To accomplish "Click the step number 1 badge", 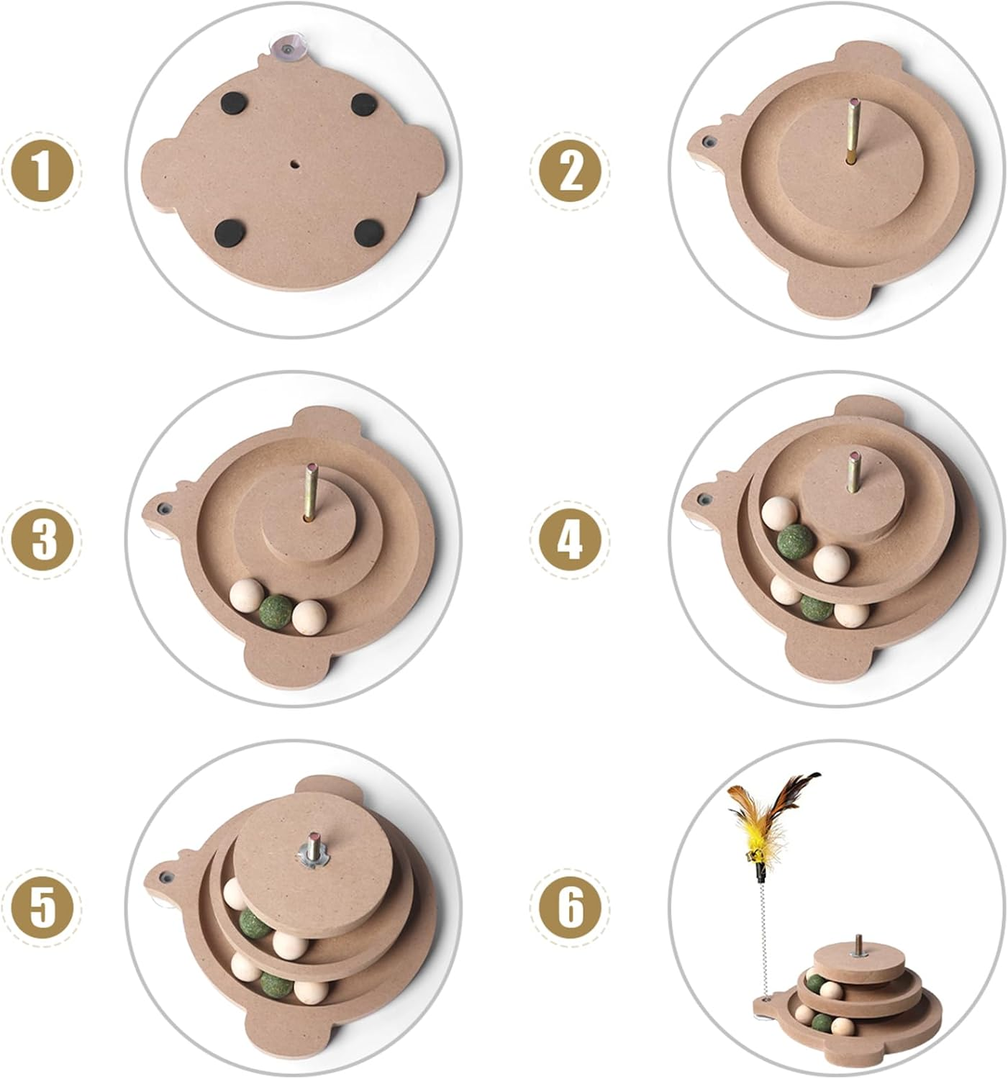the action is pos(42,170).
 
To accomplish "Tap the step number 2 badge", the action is pos(570,170).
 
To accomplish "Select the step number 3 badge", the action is pos(42,539).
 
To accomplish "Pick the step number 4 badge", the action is pos(570,539).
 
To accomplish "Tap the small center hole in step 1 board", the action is pos(294,163).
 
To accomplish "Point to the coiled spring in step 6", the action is pos(765,941).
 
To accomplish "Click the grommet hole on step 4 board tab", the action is pos(705,499).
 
